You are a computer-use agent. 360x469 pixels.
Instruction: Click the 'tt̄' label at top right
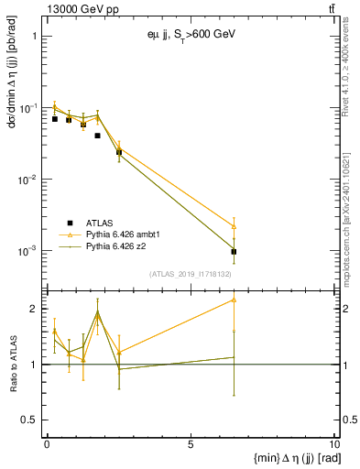[331, 9]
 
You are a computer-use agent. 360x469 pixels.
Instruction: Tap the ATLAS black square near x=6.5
[235, 251]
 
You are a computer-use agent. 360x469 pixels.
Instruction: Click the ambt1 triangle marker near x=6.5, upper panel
[235, 226]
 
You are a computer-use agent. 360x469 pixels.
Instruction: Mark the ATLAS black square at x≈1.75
[97, 136]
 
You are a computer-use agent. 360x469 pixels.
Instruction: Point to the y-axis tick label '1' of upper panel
[34, 38]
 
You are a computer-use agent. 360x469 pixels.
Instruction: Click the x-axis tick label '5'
[191, 445]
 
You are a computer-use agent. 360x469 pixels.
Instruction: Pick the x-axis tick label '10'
[333, 445]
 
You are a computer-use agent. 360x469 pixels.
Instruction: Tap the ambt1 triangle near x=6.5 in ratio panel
[235, 300]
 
